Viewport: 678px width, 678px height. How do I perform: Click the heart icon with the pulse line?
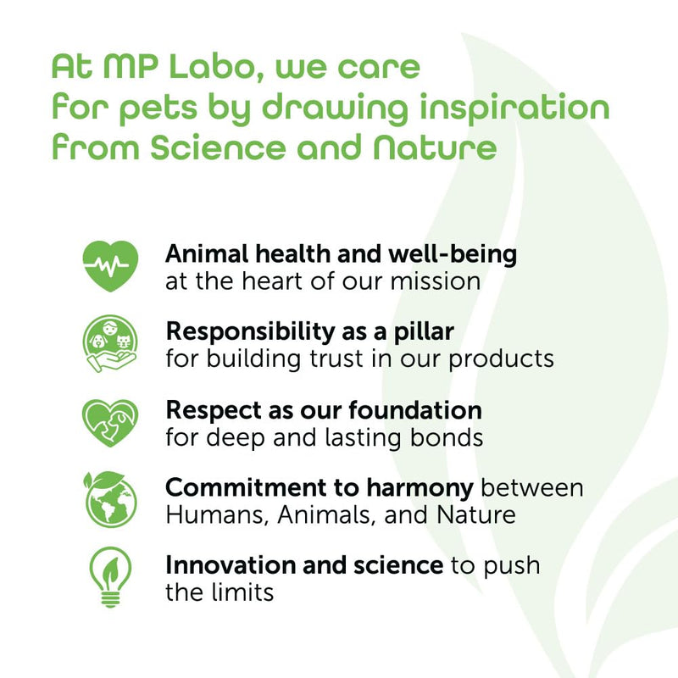click(110, 265)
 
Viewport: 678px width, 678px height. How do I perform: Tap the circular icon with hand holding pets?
click(110, 344)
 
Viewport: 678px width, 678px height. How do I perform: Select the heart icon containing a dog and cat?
click(110, 422)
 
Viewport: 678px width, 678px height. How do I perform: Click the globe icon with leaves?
click(110, 499)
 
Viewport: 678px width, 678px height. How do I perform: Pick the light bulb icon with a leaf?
click(110, 577)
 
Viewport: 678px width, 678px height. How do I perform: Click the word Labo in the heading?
click(215, 67)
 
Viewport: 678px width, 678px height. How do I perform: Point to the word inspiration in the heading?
click(514, 108)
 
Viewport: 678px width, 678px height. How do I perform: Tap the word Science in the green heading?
click(219, 147)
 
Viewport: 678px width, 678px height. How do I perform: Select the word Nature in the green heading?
click(435, 147)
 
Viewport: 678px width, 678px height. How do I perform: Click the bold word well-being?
click(453, 254)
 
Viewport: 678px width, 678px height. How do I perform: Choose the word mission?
click(436, 281)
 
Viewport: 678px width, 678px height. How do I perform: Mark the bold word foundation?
click(415, 410)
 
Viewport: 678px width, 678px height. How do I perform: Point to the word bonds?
click(447, 437)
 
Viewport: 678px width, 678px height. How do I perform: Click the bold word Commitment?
click(246, 488)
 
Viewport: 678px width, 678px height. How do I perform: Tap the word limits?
click(242, 592)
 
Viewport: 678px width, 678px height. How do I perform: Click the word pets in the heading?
click(158, 109)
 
